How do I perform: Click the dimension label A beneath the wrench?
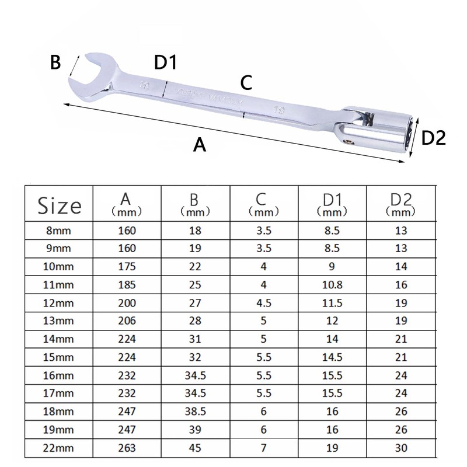200,144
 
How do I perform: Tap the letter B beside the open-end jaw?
55,62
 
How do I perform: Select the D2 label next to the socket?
433,138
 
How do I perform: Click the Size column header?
59,205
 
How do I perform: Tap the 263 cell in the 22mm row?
126,448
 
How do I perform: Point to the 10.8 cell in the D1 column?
333,284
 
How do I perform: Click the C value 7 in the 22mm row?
264,448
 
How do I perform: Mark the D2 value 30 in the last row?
402,448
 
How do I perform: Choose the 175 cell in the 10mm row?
126,266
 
